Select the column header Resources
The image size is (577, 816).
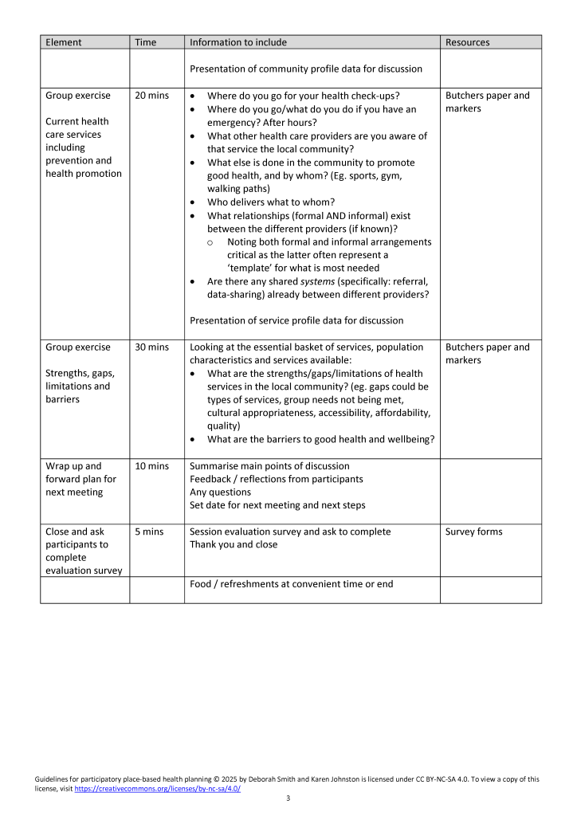[467, 42]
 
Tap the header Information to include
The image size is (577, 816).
[238, 42]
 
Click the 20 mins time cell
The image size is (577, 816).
[151, 96]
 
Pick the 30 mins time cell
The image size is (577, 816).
[151, 347]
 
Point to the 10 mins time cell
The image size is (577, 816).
[151, 466]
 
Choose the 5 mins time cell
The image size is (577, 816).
[149, 532]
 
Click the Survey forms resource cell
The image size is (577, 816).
[473, 532]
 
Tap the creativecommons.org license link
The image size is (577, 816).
[157, 788]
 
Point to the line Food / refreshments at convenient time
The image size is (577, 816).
[291, 584]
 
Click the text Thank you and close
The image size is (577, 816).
[234, 545]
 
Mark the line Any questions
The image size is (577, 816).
[220, 492]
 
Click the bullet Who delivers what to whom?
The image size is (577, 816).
[270, 202]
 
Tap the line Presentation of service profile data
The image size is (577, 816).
[296, 320]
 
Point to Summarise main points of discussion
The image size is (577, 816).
[269, 466]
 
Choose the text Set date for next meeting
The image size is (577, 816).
[277, 505]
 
